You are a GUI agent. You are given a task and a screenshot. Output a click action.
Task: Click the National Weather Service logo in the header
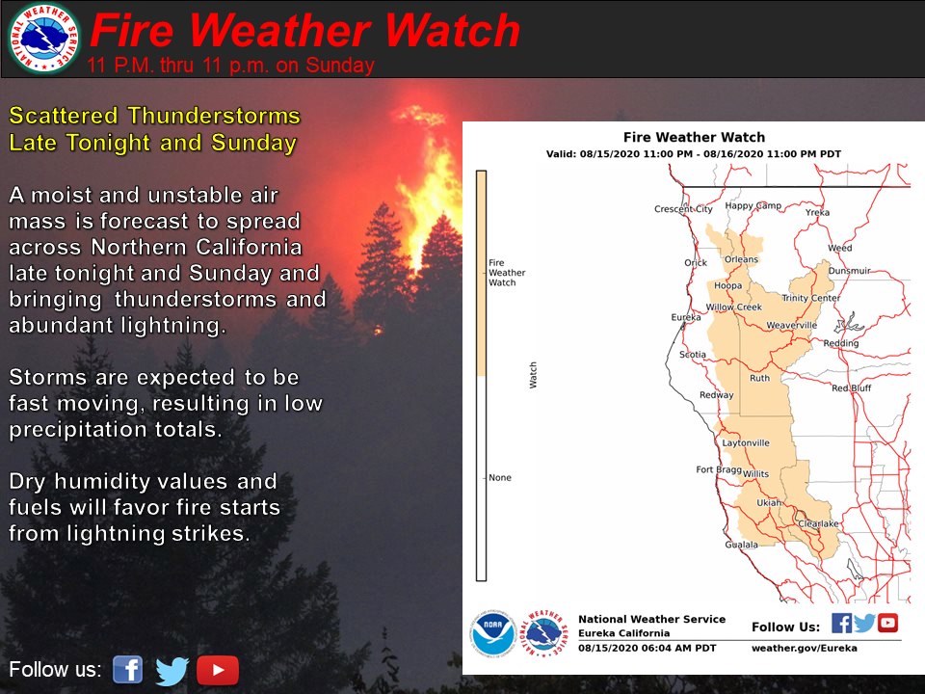pos(44,38)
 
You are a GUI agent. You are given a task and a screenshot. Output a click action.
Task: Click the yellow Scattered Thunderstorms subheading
pos(154,129)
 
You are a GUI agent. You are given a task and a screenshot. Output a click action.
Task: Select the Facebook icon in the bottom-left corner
pos(128,670)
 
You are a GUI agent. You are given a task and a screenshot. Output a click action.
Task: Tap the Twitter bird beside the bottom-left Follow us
pos(172,671)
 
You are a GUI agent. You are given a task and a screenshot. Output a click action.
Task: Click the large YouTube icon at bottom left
pos(218,670)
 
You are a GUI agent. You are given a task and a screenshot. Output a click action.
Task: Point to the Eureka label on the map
pos(686,317)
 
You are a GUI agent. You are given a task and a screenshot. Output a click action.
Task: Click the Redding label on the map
pos(841,343)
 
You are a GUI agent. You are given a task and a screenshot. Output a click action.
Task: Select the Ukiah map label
pos(769,503)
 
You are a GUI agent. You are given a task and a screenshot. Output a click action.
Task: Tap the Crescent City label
pos(683,209)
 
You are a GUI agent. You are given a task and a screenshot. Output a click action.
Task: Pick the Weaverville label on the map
pos(792,325)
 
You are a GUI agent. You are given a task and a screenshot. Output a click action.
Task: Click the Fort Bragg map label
pos(719,469)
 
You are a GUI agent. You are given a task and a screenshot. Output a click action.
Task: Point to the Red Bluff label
pos(851,387)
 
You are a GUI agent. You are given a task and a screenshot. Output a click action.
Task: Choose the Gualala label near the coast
pos(742,545)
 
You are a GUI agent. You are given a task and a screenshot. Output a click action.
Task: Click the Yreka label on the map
pos(818,212)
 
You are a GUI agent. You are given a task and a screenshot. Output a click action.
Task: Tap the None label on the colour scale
pos(500,477)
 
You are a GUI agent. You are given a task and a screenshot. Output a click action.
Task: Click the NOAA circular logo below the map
pos(493,634)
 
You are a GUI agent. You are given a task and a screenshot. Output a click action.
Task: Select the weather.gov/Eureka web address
pos(804,648)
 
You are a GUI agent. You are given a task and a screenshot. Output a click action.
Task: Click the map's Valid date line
pos(694,154)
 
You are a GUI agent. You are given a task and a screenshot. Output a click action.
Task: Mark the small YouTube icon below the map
pos(887,624)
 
